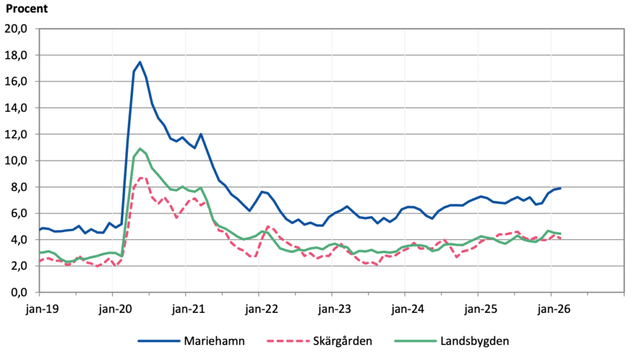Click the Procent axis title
tap(27, 9)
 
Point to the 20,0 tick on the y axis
tap(17, 29)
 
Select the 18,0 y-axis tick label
tap(17, 55)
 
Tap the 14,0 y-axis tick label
tap(17, 108)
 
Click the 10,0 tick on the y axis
tap(17, 161)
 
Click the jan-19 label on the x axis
tap(38, 307)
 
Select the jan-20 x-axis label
tap(112, 307)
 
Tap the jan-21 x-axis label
tap(185, 307)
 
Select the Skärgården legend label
tap(343, 341)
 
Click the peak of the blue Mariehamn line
tap(140, 62)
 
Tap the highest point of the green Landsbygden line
tap(140, 149)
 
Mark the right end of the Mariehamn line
tap(560, 188)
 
